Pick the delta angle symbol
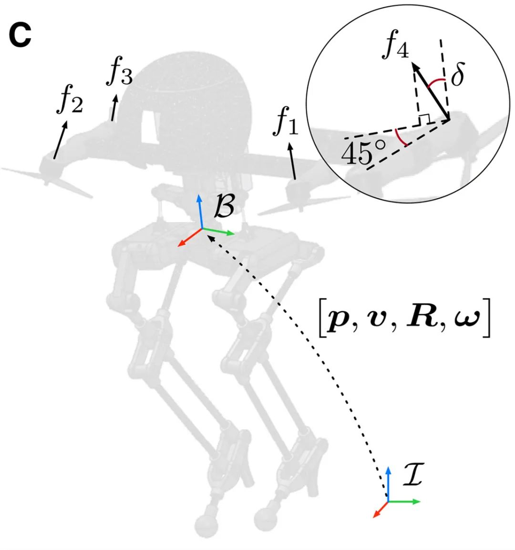coord(457,76)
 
